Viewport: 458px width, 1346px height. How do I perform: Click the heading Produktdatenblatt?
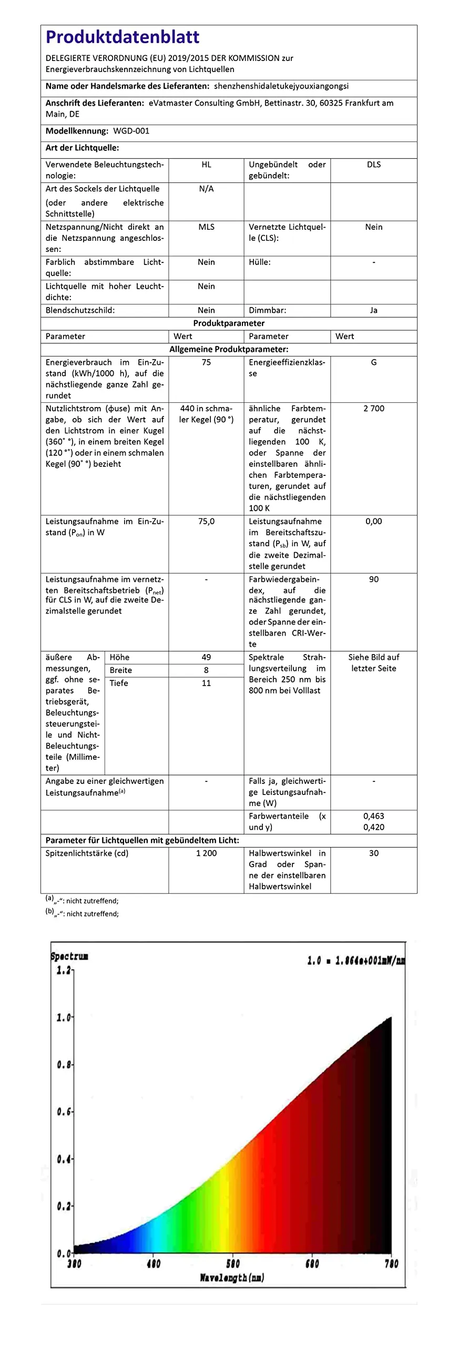[x=123, y=37]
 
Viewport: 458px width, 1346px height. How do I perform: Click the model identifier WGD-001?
[x=131, y=131]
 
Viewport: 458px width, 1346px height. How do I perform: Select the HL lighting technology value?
[x=206, y=165]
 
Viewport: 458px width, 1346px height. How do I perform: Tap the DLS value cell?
[x=374, y=165]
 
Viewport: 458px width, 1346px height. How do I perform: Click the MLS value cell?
[x=206, y=227]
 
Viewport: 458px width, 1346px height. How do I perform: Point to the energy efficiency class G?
[x=374, y=363]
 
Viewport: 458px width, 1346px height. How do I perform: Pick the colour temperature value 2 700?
[x=374, y=409]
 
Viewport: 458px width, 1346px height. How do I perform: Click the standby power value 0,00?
[x=374, y=522]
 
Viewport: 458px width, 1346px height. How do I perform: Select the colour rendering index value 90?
[x=374, y=579]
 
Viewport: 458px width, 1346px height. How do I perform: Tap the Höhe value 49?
[x=206, y=657]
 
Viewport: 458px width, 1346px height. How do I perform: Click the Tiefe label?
[x=119, y=683]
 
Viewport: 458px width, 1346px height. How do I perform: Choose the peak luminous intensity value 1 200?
[x=206, y=853]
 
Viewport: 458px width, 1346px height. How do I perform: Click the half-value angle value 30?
[x=374, y=853]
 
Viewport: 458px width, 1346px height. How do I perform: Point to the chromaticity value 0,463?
[x=374, y=817]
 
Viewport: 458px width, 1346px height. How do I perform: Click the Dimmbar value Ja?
[x=374, y=310]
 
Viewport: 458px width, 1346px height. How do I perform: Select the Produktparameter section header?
[x=229, y=323]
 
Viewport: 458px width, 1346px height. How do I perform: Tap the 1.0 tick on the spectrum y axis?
[x=64, y=1017]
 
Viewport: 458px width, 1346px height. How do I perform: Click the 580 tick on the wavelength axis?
[x=232, y=1264]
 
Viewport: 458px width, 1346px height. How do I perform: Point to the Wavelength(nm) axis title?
[x=232, y=1278]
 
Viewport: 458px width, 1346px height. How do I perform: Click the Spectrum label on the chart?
[x=69, y=956]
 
